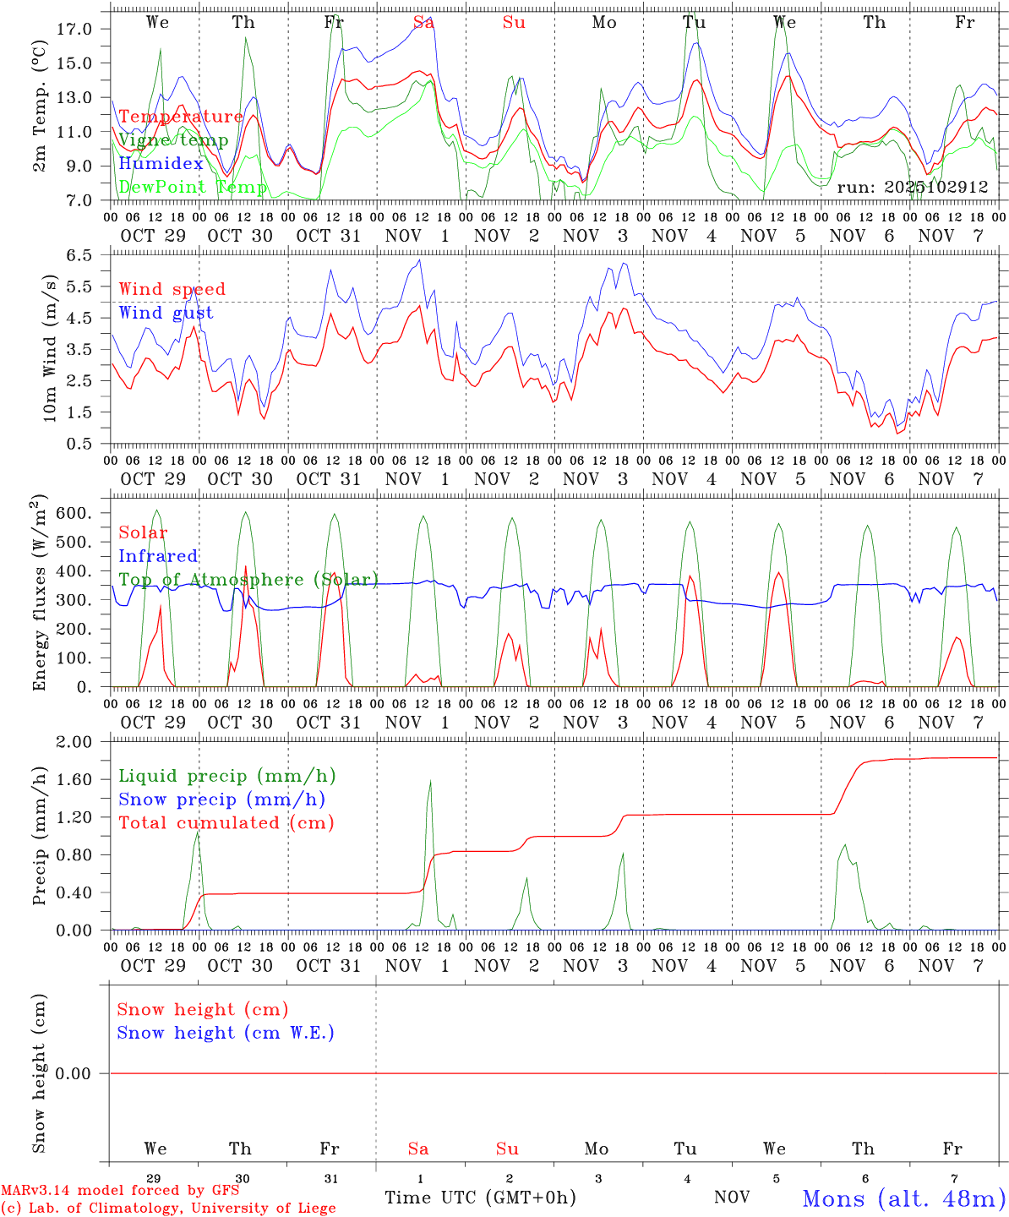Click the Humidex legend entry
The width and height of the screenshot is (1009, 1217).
[x=161, y=164]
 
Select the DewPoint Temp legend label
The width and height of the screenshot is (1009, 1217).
[x=193, y=187]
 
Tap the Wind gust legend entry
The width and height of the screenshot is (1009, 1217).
[x=166, y=313]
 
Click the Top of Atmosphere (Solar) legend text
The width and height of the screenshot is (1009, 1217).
[x=248, y=580]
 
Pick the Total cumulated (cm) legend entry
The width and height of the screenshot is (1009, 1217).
[x=226, y=822]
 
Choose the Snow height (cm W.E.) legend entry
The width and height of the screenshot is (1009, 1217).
[x=226, y=1033]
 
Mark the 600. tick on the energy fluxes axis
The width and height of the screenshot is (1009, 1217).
[x=75, y=513]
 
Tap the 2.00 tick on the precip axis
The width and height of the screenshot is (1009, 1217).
[x=74, y=742]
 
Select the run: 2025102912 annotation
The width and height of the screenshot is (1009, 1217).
[x=912, y=187]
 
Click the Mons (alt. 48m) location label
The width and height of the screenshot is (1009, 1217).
[x=903, y=1198]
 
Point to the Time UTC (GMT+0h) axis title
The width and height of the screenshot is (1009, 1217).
[x=480, y=1198]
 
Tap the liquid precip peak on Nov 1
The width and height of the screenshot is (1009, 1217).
[x=430, y=781]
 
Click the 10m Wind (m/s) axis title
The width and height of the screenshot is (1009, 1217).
[x=49, y=347]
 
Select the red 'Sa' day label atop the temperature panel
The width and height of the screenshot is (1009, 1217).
[x=423, y=23]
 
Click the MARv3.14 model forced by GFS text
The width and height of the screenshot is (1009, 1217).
[x=120, y=1191]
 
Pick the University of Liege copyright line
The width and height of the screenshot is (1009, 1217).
[x=167, y=1209]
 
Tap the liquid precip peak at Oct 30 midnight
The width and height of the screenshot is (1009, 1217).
[x=198, y=832]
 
